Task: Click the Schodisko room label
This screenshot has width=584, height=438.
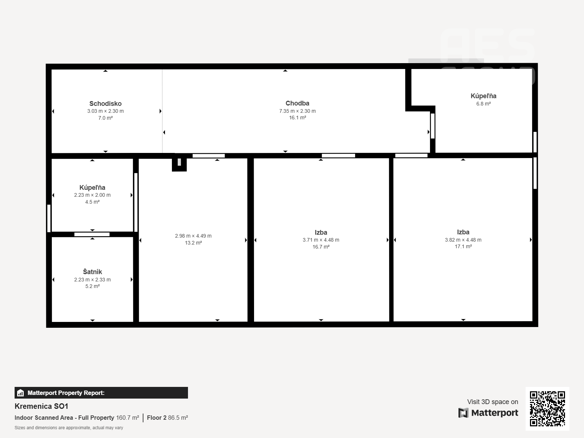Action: pos(105,103)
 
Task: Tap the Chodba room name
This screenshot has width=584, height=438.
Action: pos(297,103)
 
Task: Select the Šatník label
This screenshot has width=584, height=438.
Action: pos(92,272)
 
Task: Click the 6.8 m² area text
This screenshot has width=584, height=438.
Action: pos(483,104)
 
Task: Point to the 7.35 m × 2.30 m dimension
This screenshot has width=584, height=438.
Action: pos(297,111)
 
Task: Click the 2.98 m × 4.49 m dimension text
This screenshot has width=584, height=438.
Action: pos(193,236)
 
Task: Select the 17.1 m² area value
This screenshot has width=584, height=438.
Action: pos(463,246)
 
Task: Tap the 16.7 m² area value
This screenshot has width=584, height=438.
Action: pos(321,247)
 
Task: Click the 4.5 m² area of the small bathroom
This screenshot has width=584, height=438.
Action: pos(92,202)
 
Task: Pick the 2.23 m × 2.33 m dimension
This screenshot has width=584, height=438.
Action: pos(92,280)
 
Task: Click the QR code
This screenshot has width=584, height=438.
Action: pos(547,409)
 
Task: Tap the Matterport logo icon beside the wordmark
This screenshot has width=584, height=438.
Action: pos(463,413)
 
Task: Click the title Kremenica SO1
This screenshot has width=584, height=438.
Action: pos(42,406)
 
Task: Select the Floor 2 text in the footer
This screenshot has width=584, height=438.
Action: pos(157,418)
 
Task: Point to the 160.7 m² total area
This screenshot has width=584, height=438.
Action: pos(127,418)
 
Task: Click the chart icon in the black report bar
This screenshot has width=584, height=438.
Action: pos(20,393)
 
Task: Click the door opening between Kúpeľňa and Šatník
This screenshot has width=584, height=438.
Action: pos(92,234)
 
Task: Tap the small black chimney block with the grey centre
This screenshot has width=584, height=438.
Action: pos(179,163)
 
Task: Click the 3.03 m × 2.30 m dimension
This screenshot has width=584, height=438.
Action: pos(105,111)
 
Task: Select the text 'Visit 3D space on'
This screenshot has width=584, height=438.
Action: pos(492,402)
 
